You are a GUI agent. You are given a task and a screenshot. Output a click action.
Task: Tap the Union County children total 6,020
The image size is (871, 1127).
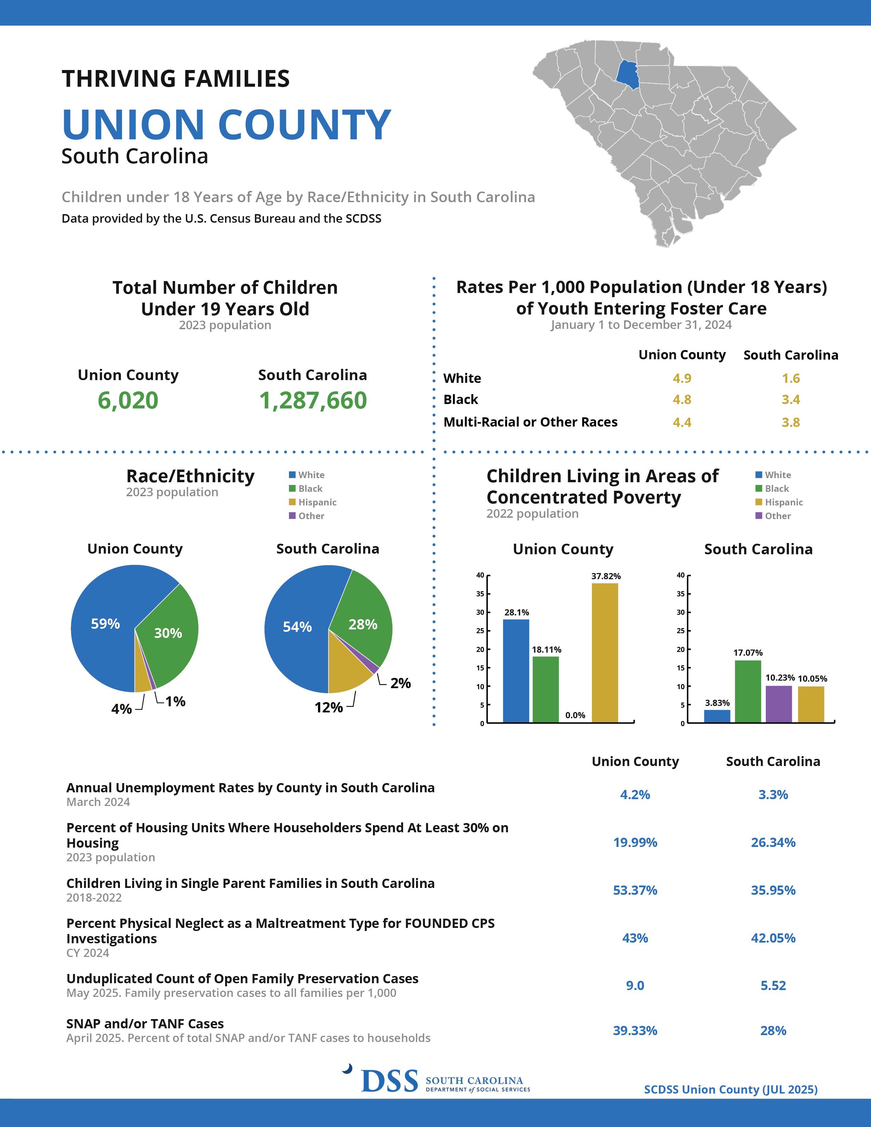[x=128, y=401]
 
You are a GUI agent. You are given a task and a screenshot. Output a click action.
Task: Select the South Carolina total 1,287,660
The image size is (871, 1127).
[x=313, y=401]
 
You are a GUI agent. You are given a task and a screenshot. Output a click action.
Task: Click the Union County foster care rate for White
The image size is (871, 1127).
[x=682, y=378]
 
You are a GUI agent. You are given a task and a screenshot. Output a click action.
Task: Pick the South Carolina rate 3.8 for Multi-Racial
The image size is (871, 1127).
[x=790, y=422]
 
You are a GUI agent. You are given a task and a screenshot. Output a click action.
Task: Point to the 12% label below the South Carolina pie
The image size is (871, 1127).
[x=329, y=708]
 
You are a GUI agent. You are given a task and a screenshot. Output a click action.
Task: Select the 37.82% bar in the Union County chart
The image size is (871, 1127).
[x=605, y=653]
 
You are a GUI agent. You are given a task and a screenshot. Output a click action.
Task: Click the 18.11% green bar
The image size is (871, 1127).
[x=545, y=690]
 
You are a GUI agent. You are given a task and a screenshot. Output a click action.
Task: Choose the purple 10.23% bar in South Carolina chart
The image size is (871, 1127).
[x=779, y=704]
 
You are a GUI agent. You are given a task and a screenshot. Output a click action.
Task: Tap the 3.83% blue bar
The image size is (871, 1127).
[x=717, y=716]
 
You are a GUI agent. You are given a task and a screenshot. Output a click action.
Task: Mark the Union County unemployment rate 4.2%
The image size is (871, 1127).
[x=635, y=795]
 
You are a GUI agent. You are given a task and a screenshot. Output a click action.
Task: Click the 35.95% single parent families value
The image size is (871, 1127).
[x=773, y=890]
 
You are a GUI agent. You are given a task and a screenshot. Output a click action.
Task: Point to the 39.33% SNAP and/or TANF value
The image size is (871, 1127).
[x=635, y=1030]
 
